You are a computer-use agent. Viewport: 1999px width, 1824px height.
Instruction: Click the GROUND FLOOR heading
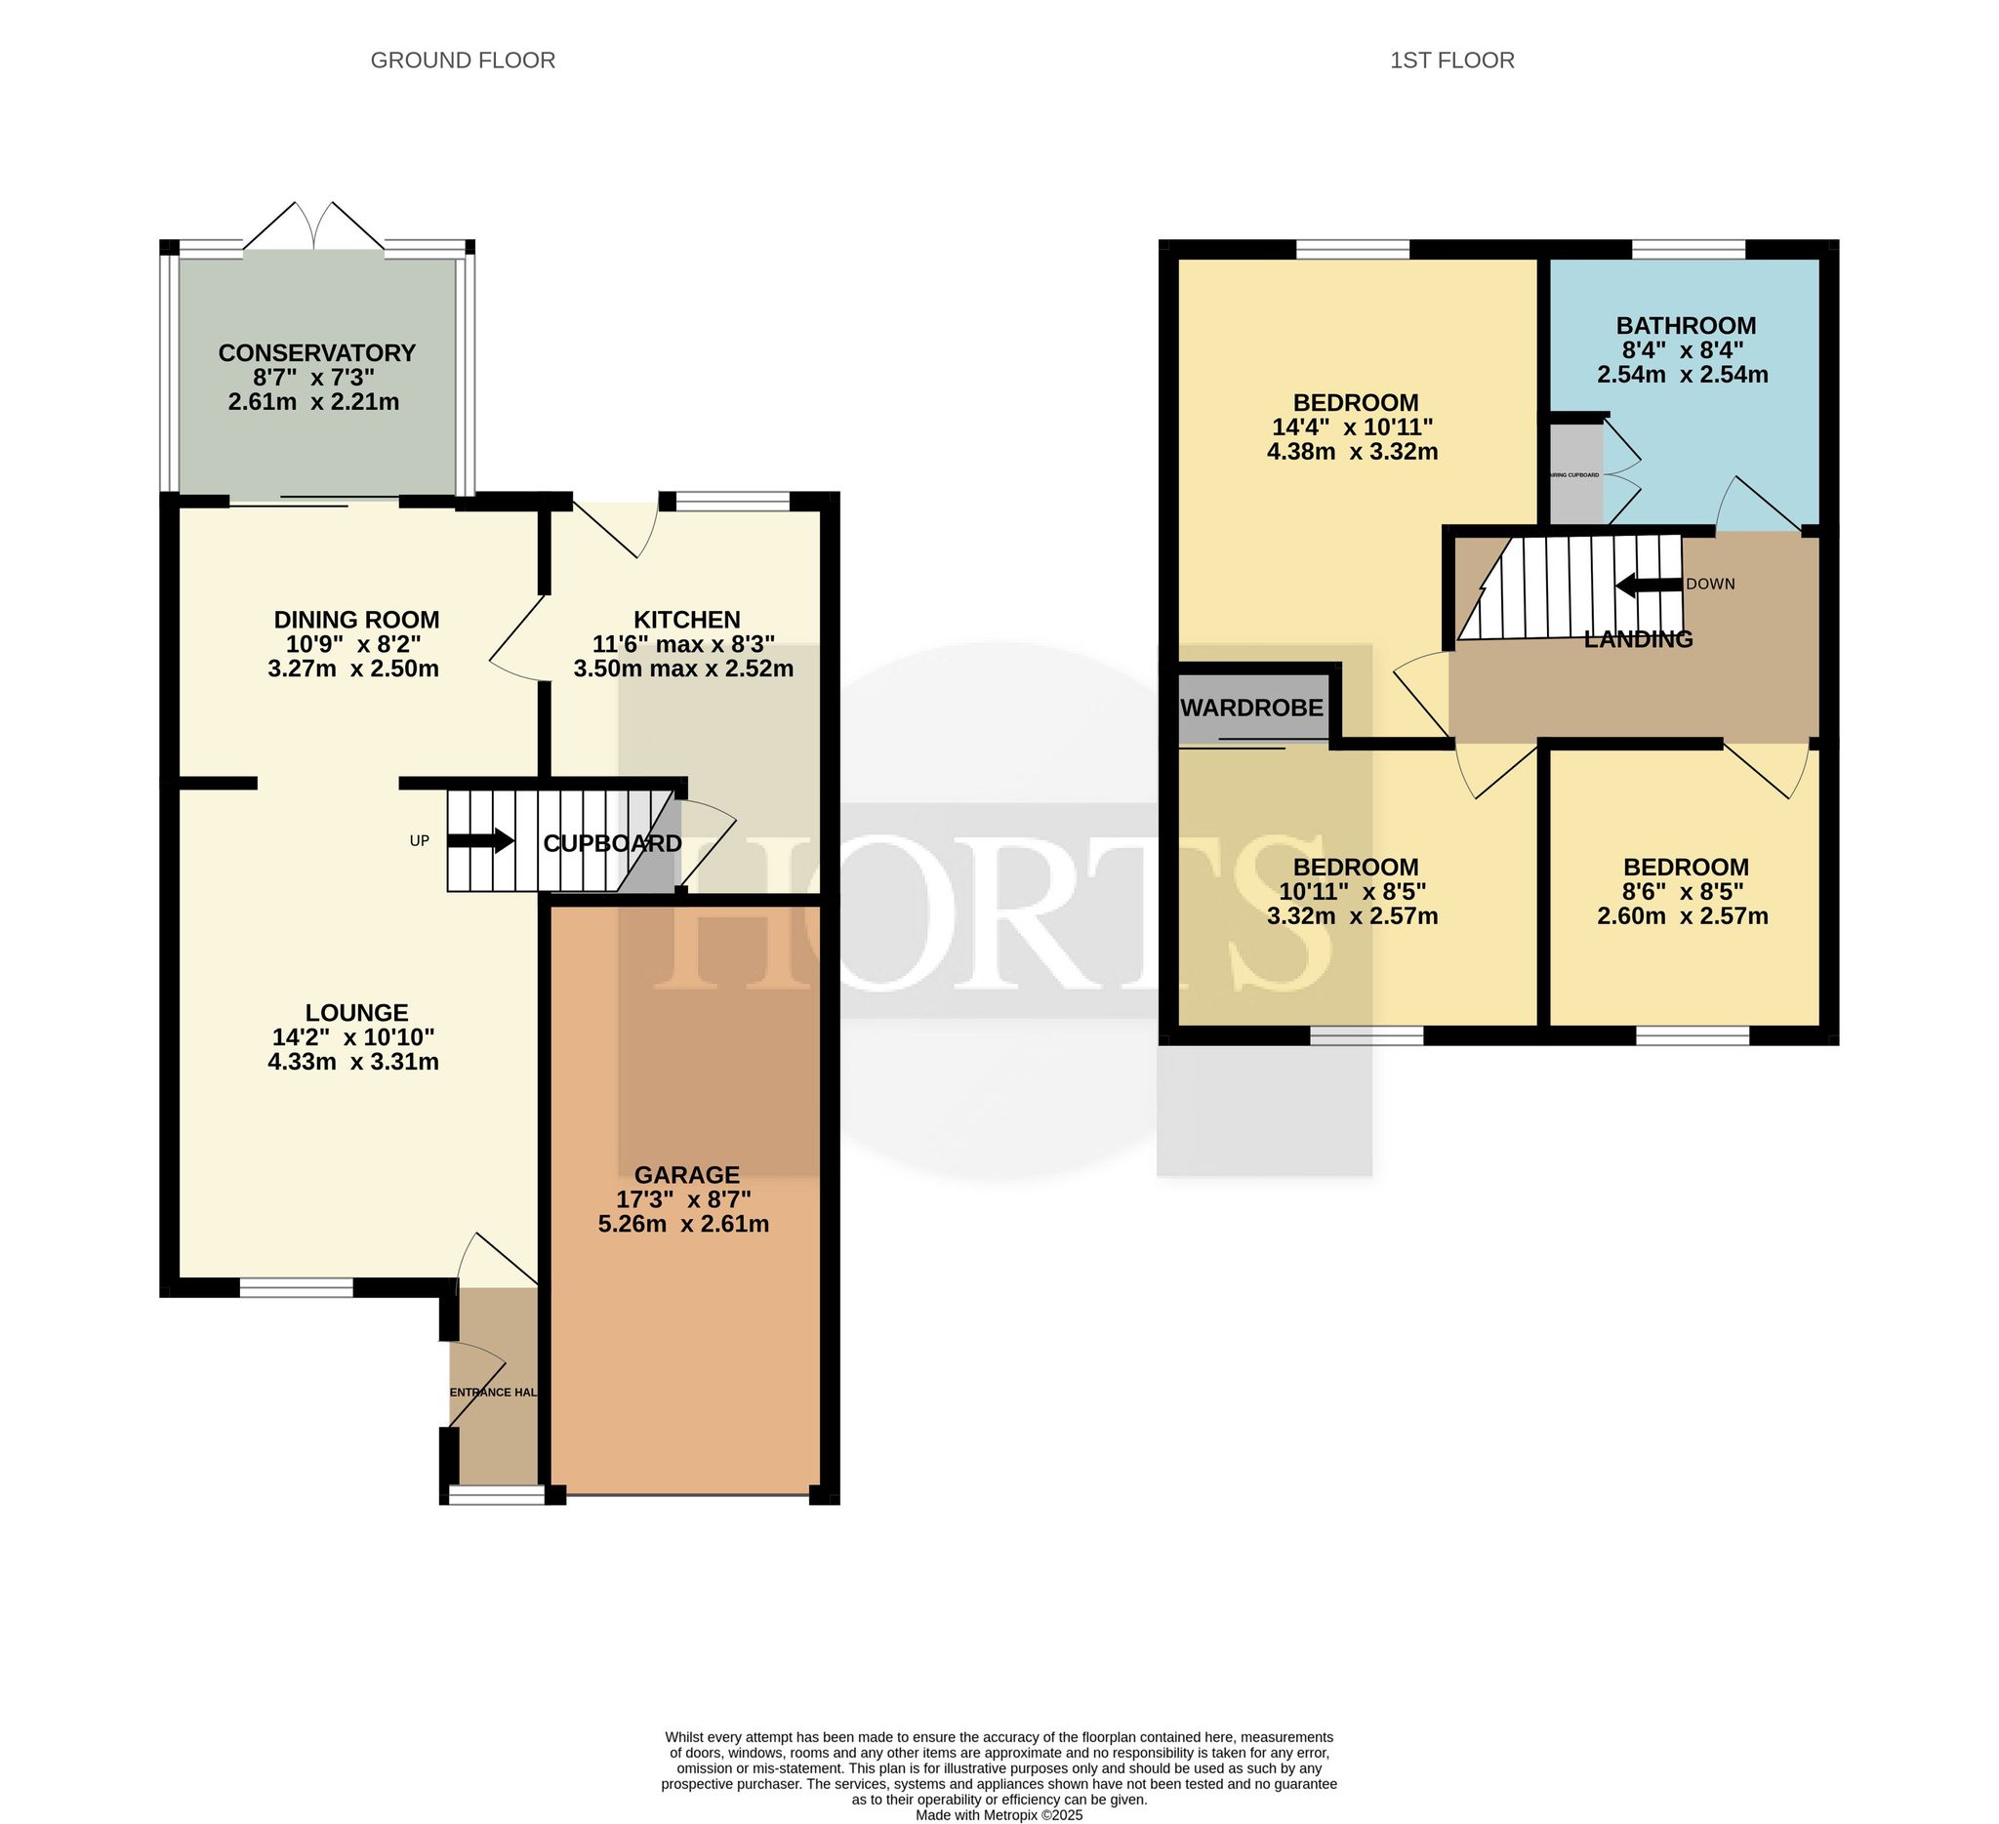(462, 61)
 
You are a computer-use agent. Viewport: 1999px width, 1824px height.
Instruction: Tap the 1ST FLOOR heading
(1451, 61)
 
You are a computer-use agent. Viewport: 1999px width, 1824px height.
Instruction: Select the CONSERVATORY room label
(316, 353)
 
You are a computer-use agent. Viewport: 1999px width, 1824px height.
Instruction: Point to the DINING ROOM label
(356, 620)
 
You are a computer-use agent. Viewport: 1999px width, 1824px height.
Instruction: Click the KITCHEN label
(686, 620)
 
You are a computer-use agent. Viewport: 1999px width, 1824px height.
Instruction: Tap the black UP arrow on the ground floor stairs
(481, 841)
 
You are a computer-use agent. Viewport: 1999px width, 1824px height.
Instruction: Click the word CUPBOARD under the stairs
(612, 843)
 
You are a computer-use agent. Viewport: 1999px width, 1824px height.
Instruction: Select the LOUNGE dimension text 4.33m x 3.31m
(353, 1062)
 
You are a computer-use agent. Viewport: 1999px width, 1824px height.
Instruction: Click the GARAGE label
(686, 1175)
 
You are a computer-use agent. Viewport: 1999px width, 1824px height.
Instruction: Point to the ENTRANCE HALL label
(493, 1393)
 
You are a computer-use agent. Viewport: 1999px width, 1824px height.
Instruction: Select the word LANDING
(1638, 639)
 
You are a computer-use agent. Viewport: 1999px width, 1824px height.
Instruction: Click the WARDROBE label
(1252, 708)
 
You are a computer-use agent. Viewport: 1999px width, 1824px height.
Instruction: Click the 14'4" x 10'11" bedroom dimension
(1355, 427)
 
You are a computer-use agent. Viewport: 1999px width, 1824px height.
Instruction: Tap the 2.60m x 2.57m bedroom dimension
(1683, 916)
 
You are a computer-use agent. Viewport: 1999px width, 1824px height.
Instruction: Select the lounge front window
(297, 1286)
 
